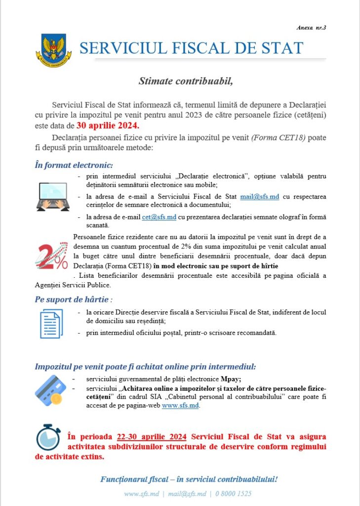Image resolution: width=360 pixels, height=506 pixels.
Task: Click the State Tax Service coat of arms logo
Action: (54, 49)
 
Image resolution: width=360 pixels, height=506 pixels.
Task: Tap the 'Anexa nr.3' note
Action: (313, 28)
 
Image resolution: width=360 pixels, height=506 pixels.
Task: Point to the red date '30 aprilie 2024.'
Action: (108, 125)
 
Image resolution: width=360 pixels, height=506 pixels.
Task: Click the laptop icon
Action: (53, 196)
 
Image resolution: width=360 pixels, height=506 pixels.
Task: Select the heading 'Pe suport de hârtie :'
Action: (74, 299)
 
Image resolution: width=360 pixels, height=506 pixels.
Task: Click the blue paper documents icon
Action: (51, 324)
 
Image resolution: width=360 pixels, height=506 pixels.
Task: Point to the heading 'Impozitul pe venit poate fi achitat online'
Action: (145, 367)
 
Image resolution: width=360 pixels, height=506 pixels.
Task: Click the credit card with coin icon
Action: (50, 391)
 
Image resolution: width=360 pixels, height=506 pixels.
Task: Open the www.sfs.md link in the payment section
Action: (180, 406)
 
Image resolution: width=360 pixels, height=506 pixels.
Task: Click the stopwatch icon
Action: (48, 437)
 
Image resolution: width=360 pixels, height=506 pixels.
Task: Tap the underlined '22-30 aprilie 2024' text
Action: (152, 437)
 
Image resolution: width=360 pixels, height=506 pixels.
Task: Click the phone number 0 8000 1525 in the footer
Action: (234, 494)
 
